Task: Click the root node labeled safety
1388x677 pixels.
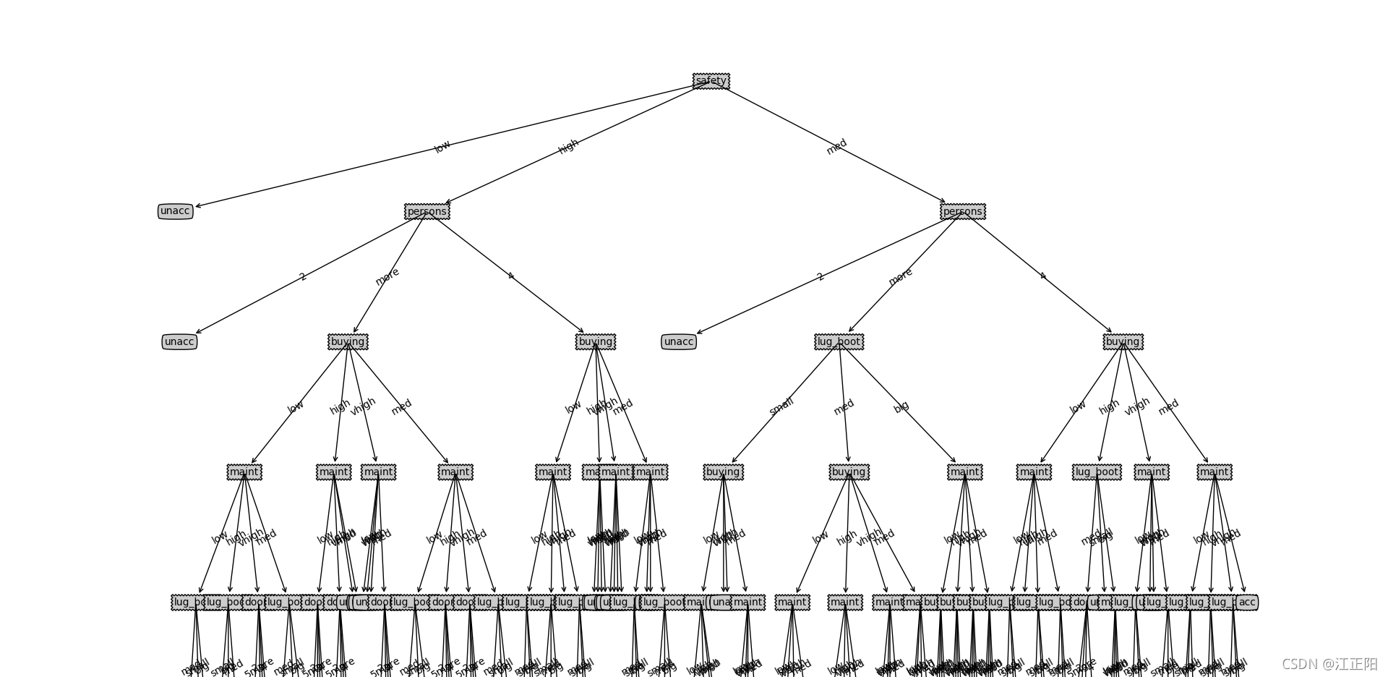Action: pos(711,81)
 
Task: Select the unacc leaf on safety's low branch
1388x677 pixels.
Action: pos(175,211)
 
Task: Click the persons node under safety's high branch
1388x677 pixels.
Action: pos(427,211)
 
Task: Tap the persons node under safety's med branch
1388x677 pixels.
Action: pos(962,211)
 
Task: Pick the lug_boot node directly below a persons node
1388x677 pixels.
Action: pos(839,341)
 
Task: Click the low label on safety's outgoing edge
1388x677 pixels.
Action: pos(442,146)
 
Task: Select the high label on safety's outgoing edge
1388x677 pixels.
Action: pos(568,146)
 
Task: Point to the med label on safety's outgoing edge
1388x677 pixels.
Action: pos(836,146)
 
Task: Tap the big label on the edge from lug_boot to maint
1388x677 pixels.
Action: pos(901,406)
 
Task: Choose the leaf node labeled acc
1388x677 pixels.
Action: pos(1247,602)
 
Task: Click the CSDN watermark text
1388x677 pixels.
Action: pos(1329,663)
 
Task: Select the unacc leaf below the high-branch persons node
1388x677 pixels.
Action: pos(179,341)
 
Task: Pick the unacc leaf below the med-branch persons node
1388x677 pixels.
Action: pos(678,341)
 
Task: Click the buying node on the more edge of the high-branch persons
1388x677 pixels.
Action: pos(348,341)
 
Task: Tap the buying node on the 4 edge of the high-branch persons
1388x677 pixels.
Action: pos(595,341)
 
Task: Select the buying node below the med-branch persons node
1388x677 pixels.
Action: pos(1123,341)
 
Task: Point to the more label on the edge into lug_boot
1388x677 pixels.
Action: pos(900,276)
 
